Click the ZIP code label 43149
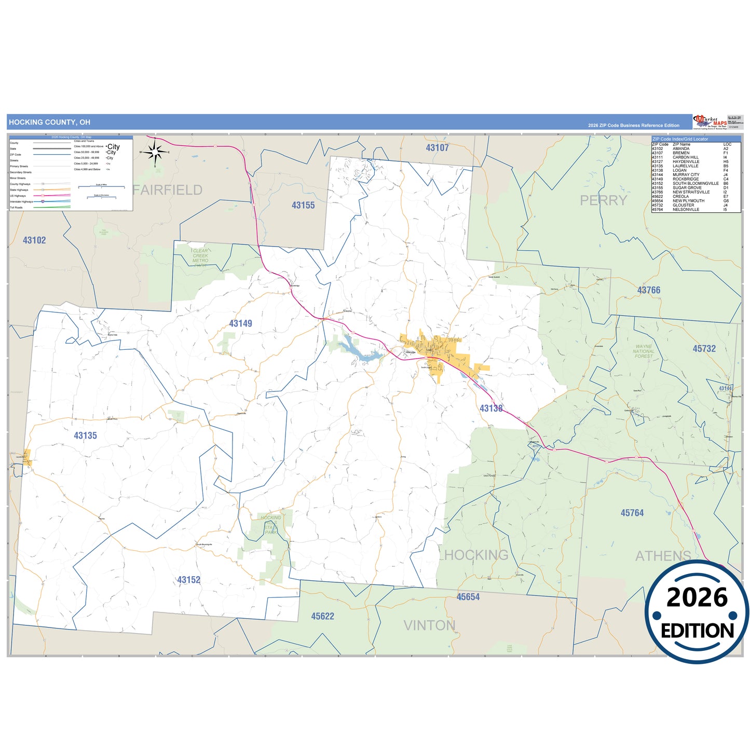pos(240,324)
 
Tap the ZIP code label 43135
pos(85,436)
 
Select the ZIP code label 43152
pos(188,580)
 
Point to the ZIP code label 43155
pos(303,206)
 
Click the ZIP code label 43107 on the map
pos(437,148)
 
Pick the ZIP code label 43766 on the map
pos(649,291)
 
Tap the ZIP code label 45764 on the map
pos(632,513)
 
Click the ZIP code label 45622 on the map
pos(322,617)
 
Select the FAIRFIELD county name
pos(168,190)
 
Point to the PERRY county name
pos(604,200)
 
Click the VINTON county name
pos(429,625)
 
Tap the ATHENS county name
pos(663,556)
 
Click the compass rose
pos(155,152)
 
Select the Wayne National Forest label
pos(644,351)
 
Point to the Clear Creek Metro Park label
pos(200,257)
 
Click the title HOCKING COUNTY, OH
pos(49,122)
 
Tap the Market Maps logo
pos(710,122)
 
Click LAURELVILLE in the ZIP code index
pos(685,166)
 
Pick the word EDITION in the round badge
pos(697,631)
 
